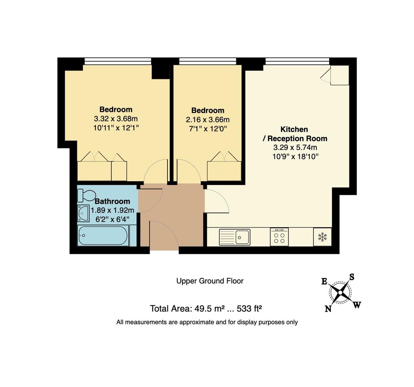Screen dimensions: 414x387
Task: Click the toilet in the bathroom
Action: point(86,195)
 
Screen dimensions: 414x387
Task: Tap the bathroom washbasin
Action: point(83,213)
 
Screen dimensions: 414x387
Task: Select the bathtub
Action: point(103,235)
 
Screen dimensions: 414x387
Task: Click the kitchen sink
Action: point(235,237)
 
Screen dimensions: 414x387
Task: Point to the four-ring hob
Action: point(279,237)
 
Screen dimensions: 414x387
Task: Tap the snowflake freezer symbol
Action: point(322,236)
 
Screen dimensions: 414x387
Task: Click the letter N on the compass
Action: point(328,309)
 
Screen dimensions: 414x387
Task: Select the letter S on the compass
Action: point(352,277)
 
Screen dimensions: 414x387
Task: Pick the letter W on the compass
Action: point(357,305)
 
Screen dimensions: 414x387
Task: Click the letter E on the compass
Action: point(324,281)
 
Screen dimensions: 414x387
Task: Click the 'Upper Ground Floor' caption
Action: point(210,281)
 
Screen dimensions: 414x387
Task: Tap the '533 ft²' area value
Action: point(249,309)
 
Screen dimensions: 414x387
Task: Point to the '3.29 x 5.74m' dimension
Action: point(295,148)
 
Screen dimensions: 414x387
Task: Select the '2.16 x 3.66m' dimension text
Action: point(208,120)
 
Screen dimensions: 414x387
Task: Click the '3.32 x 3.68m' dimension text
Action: point(116,119)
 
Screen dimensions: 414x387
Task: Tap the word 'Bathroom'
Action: point(112,201)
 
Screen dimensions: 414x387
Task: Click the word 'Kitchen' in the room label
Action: point(294,129)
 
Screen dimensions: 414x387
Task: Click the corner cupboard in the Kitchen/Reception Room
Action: point(340,75)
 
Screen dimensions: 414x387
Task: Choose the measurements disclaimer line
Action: point(207,322)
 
